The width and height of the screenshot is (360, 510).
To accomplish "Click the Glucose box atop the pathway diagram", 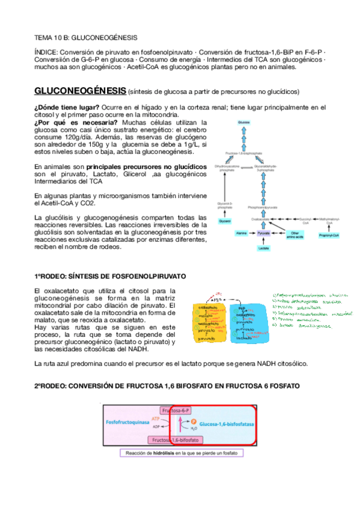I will tap(243, 123).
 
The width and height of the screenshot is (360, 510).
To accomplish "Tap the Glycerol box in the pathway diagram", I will tap(224, 221).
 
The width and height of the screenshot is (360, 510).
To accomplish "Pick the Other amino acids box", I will tap(276, 233).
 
